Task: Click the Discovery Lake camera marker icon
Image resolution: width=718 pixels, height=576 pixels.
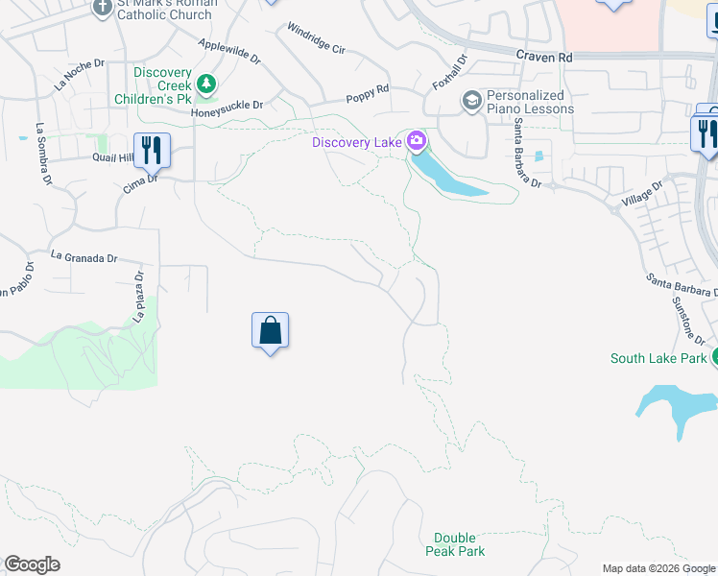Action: pyautogui.click(x=417, y=142)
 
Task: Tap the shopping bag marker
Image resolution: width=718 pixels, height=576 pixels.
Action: pyautogui.click(x=271, y=331)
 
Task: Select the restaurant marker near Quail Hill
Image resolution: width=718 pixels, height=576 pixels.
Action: pyautogui.click(x=152, y=150)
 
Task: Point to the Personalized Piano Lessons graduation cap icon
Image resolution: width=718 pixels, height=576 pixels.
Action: pyautogui.click(x=471, y=100)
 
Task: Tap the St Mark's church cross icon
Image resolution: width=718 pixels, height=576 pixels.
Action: pyautogui.click(x=104, y=8)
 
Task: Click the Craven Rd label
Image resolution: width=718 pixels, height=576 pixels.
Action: pyautogui.click(x=543, y=58)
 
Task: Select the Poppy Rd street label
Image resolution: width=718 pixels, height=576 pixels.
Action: pyautogui.click(x=368, y=93)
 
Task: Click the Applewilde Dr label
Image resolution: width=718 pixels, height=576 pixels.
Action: pyautogui.click(x=229, y=51)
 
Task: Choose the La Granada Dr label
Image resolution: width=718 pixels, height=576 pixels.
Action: pyautogui.click(x=84, y=257)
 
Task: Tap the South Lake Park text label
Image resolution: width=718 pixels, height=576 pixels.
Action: pyautogui.click(x=658, y=359)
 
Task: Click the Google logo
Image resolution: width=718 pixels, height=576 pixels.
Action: pyautogui.click(x=32, y=564)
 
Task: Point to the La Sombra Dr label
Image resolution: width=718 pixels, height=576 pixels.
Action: pyautogui.click(x=43, y=153)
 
